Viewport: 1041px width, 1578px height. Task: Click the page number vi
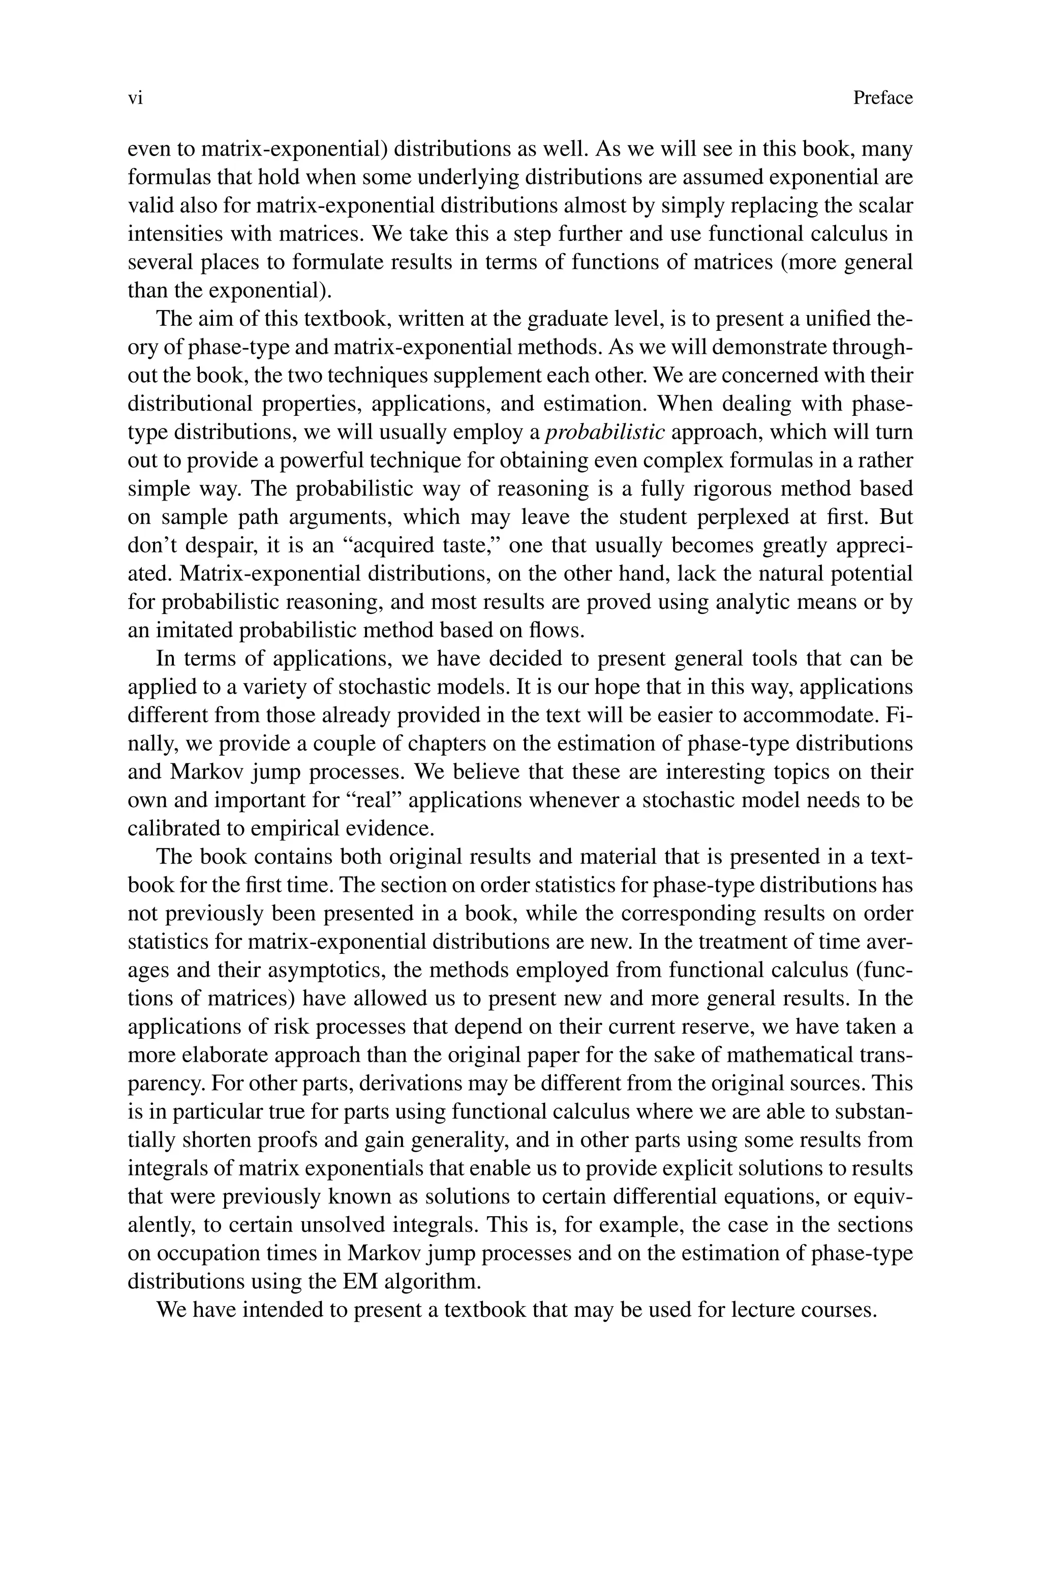coord(135,98)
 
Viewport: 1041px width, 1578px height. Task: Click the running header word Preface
coord(882,98)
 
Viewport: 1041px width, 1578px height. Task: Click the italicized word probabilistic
coord(604,432)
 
